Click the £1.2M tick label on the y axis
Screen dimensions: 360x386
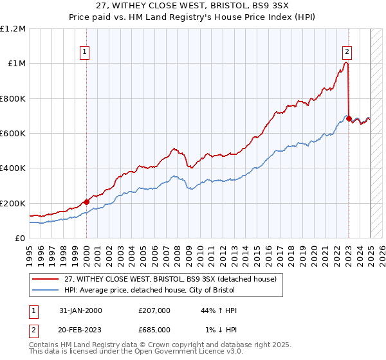[13, 28]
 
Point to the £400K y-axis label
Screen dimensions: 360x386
[13, 168]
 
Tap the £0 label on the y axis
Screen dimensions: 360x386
[21, 238]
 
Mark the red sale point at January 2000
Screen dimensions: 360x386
[86, 202]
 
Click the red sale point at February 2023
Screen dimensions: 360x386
[349, 119]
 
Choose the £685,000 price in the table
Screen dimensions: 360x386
[157, 329]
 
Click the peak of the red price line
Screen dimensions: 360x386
[346, 62]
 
